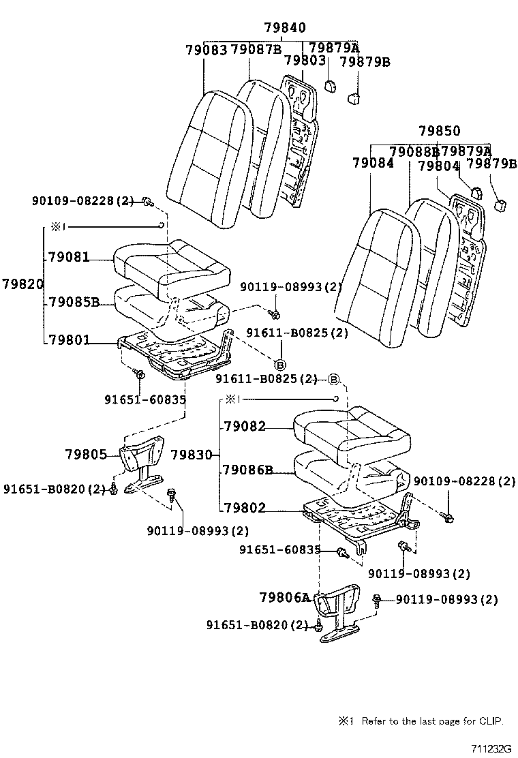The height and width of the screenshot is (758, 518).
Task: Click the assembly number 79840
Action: [284, 28]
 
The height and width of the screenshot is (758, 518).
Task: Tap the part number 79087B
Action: [256, 50]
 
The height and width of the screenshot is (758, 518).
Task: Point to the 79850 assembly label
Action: [439, 131]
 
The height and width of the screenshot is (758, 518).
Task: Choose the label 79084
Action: [373, 164]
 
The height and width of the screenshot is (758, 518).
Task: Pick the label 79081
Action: [69, 258]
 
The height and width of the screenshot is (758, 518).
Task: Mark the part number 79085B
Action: [74, 301]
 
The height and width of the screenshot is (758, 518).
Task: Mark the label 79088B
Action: [414, 151]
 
